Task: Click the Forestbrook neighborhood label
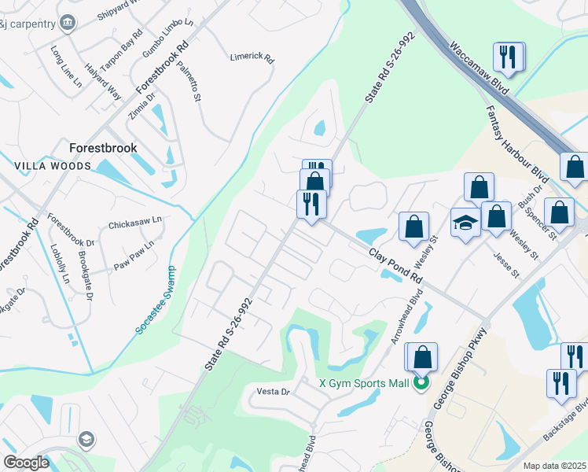coord(103,147)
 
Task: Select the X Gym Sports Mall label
coord(364,384)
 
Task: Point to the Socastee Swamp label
coord(156,301)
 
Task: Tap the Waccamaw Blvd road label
coord(480,66)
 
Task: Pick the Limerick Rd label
coord(252,57)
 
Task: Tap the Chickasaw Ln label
coord(134,223)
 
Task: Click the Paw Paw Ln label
coord(134,254)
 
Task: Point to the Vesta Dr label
coord(274,391)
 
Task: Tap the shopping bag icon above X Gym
coord(422,357)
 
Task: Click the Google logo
coord(26,463)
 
